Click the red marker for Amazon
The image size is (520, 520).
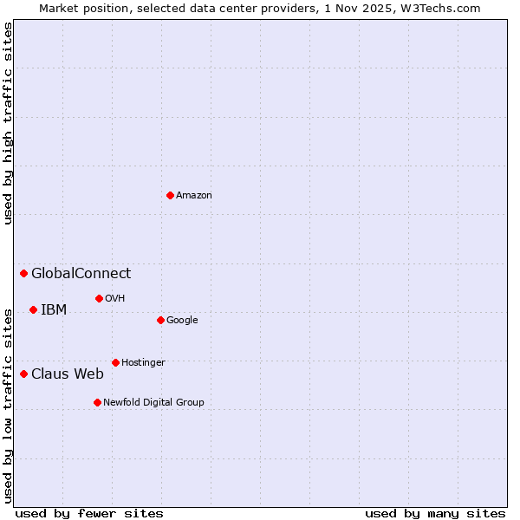[170, 195]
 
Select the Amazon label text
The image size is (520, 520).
[194, 196]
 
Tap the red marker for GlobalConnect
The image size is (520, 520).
[23, 274]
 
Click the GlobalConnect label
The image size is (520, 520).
[81, 274]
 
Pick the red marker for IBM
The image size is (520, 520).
[33, 309]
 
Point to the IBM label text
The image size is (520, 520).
[54, 310]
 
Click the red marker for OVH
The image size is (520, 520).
[99, 298]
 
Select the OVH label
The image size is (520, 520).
[115, 299]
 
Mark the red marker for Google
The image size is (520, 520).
[160, 320]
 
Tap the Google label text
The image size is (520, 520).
[182, 321]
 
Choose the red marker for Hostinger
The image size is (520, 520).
[115, 362]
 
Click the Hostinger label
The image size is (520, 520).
[143, 363]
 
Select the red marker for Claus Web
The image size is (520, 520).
[23, 374]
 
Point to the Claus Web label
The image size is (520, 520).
[68, 374]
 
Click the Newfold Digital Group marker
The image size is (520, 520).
[97, 402]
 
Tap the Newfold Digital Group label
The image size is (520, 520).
[153, 403]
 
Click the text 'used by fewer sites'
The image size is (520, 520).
[89, 514]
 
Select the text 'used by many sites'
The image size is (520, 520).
[435, 514]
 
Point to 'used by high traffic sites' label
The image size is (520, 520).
[8, 123]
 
